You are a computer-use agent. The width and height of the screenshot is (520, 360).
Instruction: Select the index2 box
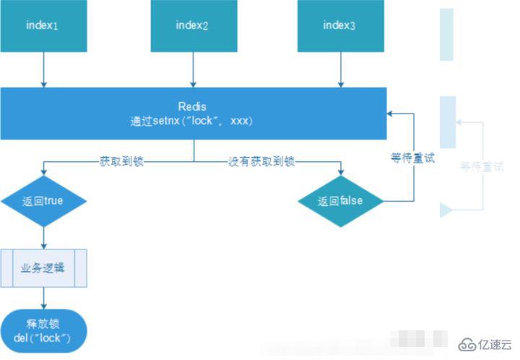pyautogui.click(x=192, y=26)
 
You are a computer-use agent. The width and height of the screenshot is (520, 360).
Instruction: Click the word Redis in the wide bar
pyautogui.click(x=192, y=107)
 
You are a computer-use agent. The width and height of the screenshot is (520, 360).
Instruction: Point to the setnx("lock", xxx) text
pyautogui.click(x=192, y=121)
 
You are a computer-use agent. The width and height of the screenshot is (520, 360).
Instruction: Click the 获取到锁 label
pyautogui.click(x=121, y=161)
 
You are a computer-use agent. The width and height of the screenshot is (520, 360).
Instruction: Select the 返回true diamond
pyautogui.click(x=43, y=201)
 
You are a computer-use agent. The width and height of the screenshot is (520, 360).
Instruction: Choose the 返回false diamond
pyautogui.click(x=341, y=201)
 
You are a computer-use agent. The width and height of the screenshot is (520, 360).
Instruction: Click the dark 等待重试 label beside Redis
pyautogui.click(x=413, y=158)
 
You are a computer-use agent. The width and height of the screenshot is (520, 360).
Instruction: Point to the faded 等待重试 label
pyautogui.click(x=482, y=167)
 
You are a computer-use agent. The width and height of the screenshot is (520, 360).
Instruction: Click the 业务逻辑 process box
pyautogui.click(x=43, y=268)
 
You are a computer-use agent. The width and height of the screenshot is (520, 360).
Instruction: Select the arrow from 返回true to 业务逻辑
pyautogui.click(x=43, y=237)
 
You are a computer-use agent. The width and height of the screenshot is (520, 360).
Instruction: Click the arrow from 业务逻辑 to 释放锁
pyautogui.click(x=43, y=299)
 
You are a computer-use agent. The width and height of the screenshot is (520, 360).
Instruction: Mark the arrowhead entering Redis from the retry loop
pyautogui.click(x=391, y=113)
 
